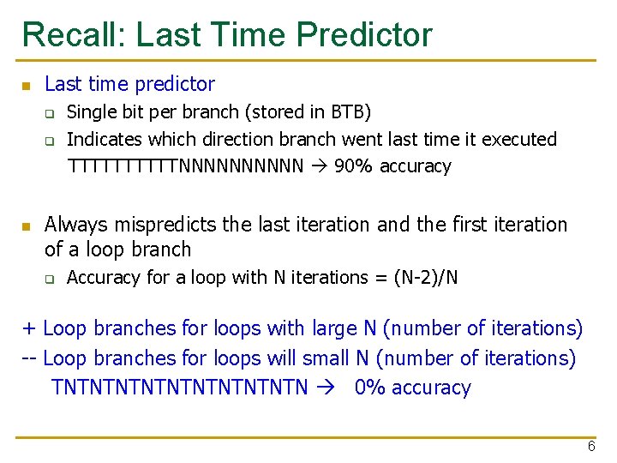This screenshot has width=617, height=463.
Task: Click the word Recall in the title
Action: coord(74,35)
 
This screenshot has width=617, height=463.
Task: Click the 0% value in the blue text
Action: coord(371,388)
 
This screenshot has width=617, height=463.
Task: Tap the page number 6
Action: coord(590,447)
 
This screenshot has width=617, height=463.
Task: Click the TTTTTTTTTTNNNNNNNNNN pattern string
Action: coord(185,165)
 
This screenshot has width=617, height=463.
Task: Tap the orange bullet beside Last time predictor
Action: coord(27,86)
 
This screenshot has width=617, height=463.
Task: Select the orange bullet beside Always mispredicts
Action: coord(27,226)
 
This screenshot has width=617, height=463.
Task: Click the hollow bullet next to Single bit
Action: coord(51,113)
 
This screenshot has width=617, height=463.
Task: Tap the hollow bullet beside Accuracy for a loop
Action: coord(51,278)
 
